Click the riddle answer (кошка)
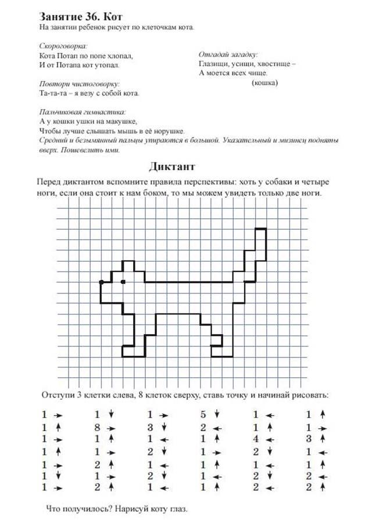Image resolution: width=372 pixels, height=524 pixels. pyautogui.click(x=264, y=83)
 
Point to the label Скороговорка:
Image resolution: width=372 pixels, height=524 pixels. pyautogui.click(x=63, y=45)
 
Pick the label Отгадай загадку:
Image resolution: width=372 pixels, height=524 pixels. pyautogui.click(x=228, y=54)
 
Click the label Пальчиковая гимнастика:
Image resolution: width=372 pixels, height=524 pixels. pyautogui.click(x=83, y=111)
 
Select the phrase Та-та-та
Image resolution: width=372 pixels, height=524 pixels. pyautogui.click(x=52, y=93)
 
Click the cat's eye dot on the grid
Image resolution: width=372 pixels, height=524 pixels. pyautogui.click(x=123, y=282)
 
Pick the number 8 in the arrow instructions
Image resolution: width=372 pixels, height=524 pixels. pyautogui.click(x=97, y=428)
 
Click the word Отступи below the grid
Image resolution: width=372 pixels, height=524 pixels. pyautogui.click(x=58, y=396)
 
